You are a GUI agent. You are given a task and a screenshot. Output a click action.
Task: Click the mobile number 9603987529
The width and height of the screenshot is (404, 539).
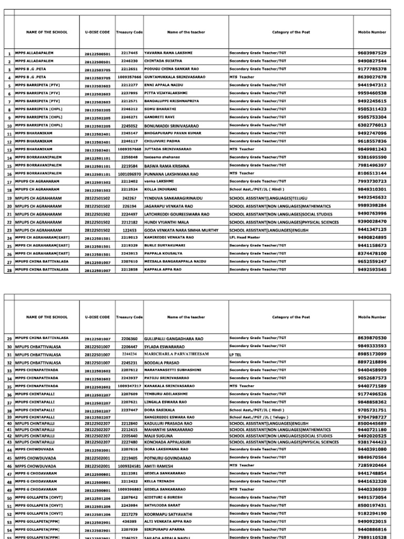(x=372, y=53)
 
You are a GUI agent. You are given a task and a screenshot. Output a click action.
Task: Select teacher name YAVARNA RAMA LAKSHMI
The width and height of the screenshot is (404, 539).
(x=168, y=53)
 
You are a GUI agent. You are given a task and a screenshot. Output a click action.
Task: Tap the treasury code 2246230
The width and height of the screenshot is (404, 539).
(x=129, y=61)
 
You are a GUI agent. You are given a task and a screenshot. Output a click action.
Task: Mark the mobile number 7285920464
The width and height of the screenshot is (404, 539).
(x=372, y=466)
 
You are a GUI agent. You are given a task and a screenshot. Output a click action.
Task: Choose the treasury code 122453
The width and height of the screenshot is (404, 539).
(x=130, y=230)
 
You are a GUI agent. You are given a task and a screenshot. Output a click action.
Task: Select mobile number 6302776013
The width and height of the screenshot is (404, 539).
(x=372, y=126)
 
